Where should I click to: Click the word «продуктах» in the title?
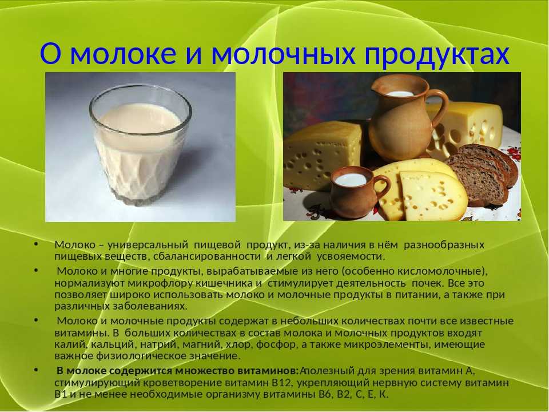click(x=437, y=54)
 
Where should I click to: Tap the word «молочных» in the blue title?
click(x=284, y=54)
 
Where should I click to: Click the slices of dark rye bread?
click(x=483, y=173)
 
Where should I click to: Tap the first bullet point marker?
click(x=37, y=244)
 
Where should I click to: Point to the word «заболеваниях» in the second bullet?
click(x=150, y=306)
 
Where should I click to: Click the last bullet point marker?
click(x=37, y=370)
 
